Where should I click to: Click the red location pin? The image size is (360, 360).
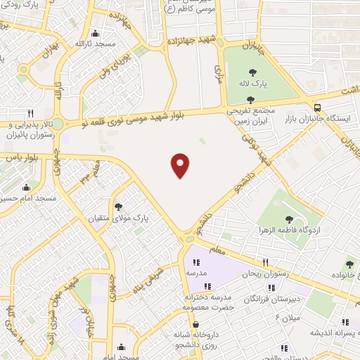coord(181,165)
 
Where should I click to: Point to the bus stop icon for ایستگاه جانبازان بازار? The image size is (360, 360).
coord(319,108)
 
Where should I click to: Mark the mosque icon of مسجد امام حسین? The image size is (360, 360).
coord(27,187)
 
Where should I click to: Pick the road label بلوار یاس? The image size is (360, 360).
coord(16,157)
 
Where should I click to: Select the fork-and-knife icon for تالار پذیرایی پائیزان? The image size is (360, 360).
coord(30,112)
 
